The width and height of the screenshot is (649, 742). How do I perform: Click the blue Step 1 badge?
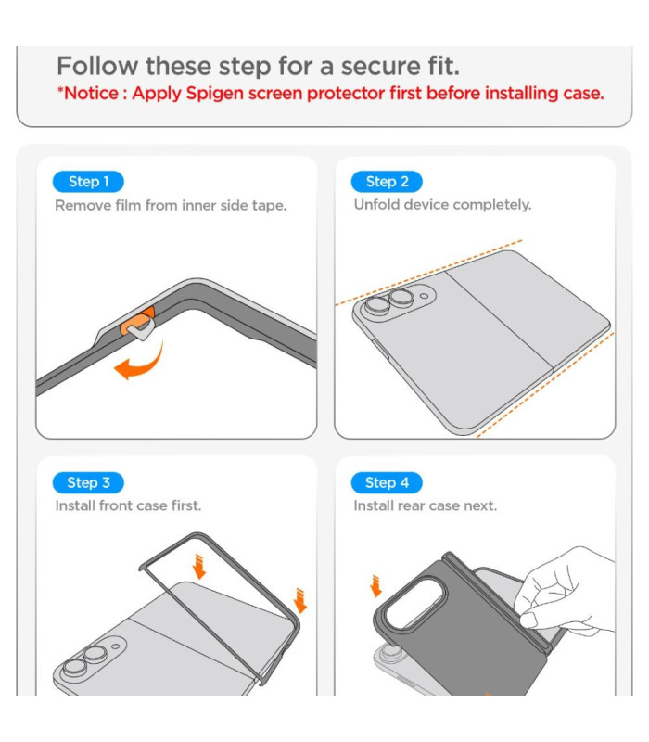[x=88, y=182]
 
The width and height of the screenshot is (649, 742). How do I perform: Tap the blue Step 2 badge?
[x=387, y=182]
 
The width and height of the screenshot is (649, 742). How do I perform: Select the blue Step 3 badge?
[x=88, y=482]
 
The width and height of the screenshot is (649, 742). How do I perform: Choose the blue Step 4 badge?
[x=387, y=482]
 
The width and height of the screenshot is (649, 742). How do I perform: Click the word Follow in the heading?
[x=97, y=66]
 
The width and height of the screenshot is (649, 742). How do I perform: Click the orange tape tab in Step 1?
[x=137, y=321]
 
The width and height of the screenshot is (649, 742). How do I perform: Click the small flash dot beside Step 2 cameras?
[x=425, y=296]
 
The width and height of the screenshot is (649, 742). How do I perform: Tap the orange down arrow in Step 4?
[x=376, y=586]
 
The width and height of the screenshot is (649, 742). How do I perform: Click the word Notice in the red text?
[x=90, y=94]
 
